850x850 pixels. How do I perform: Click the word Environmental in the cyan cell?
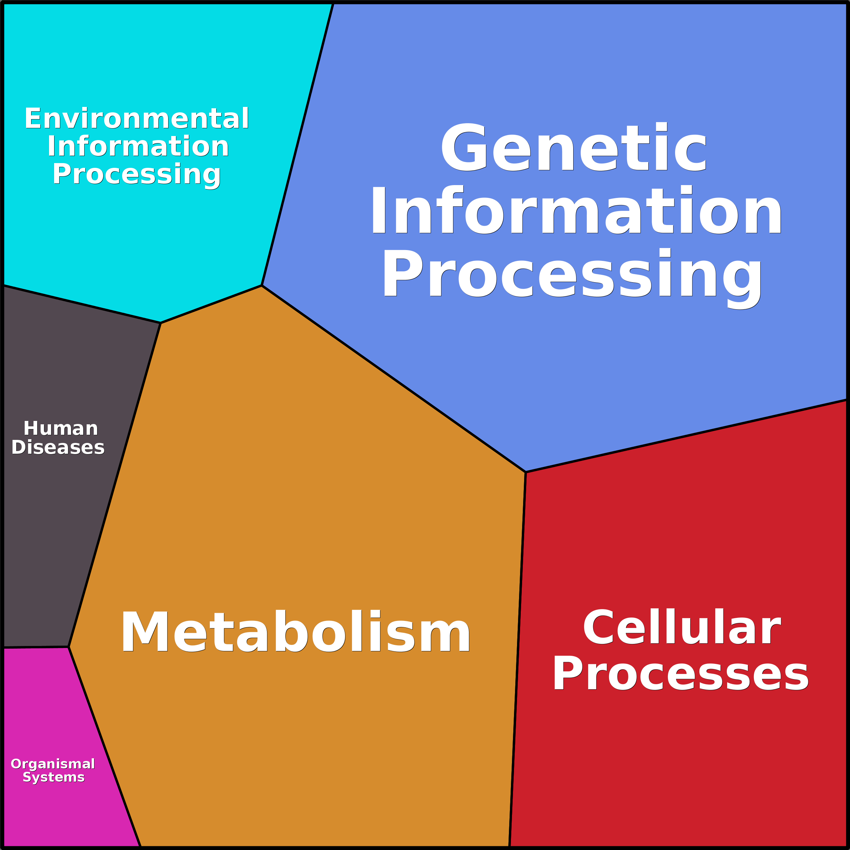137,118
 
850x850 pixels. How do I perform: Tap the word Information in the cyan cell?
138,146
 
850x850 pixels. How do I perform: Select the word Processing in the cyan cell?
137,175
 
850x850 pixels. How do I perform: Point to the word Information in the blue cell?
576,209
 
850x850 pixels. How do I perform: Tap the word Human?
61,428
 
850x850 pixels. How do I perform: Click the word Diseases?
58,447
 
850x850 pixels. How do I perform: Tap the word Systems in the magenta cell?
54,777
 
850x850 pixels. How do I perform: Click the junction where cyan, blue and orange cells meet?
262,286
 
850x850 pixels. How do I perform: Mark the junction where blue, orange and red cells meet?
526,472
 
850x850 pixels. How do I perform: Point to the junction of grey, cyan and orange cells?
161,323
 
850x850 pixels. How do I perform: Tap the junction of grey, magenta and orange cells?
69,647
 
